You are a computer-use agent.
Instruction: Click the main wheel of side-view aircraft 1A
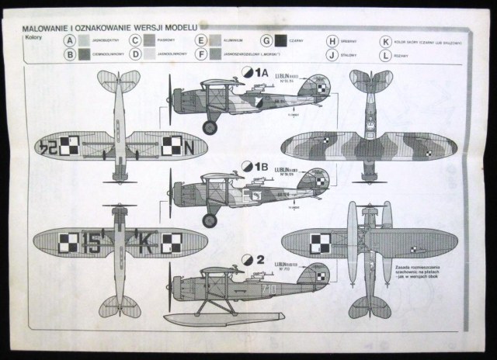[210, 126]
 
